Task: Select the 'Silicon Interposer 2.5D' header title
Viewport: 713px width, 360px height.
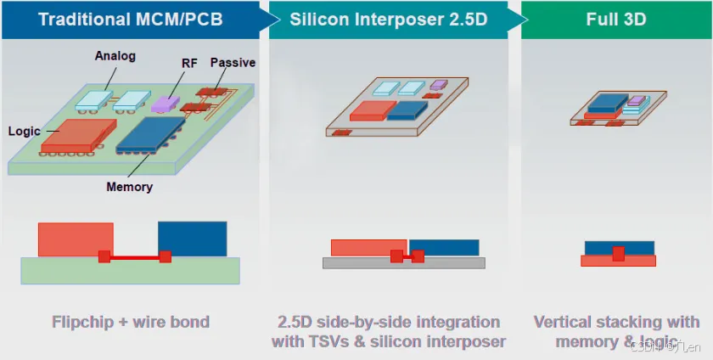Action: click(389, 19)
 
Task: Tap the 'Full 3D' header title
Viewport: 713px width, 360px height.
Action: click(614, 19)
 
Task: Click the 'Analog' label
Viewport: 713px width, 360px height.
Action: click(115, 56)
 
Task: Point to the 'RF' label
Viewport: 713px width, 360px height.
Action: click(189, 63)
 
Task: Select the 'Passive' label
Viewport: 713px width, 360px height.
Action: click(233, 63)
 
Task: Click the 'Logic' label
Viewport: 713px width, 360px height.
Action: click(25, 132)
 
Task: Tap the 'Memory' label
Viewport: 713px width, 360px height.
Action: click(129, 187)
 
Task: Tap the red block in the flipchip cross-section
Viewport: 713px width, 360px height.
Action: click(75, 239)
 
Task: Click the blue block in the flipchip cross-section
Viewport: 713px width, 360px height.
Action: click(193, 238)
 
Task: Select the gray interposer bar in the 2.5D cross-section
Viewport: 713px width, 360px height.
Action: click(403, 263)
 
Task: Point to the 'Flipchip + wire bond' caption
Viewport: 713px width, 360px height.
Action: click(131, 323)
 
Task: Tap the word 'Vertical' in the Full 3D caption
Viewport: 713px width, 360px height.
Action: click(566, 323)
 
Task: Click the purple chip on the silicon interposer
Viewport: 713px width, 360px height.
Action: click(438, 85)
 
